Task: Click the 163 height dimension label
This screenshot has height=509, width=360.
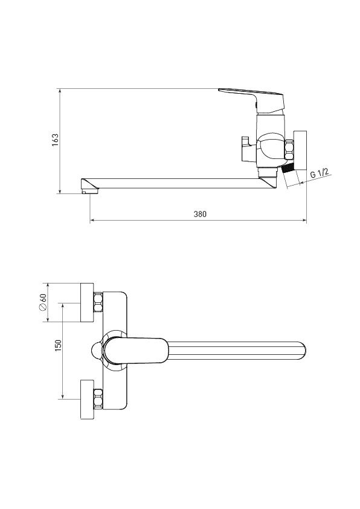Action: tap(56, 140)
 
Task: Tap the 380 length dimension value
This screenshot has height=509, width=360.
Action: tap(200, 214)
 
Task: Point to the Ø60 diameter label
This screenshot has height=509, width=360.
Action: tap(42, 302)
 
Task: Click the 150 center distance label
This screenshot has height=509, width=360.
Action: tap(58, 345)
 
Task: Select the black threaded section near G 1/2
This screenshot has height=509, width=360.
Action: tap(287, 168)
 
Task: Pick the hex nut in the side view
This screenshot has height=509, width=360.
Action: tap(289, 150)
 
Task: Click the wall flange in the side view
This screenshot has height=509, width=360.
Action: tap(300, 150)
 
